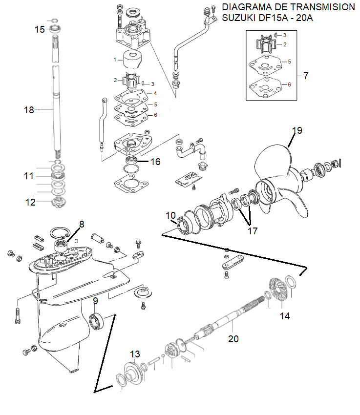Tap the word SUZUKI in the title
coord(240,18)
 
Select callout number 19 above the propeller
coord(297,130)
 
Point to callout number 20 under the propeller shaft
coord(233,339)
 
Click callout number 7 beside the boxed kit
coord(306,76)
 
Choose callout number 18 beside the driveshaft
coord(29,110)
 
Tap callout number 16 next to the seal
coord(155,162)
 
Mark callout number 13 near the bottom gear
coord(135,354)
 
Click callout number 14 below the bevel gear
coord(285,316)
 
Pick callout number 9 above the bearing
coord(95,301)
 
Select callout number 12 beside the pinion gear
coord(30,202)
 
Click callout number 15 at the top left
coord(40,29)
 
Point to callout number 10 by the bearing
coord(171,215)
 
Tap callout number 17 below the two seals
coord(253,231)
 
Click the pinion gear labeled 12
coord(58,203)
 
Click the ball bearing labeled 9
coord(97,321)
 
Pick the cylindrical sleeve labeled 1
coord(132,60)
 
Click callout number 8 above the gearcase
coord(82,224)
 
